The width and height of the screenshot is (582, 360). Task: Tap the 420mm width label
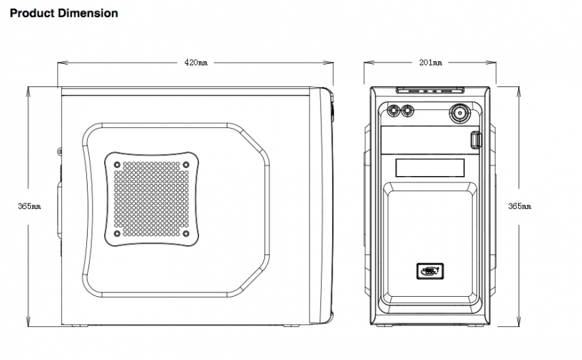195,63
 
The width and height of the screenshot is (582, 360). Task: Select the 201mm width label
430,63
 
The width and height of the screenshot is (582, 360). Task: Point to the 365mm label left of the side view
29,206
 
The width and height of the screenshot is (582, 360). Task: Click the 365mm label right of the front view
519,206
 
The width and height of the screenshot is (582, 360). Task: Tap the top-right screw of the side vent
186,165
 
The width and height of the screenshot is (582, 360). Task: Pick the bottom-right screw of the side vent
186,233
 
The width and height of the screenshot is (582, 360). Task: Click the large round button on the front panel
460,112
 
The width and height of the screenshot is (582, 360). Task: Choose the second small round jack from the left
408,111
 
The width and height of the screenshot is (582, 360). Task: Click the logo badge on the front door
429,271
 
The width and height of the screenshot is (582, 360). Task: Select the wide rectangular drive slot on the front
430,167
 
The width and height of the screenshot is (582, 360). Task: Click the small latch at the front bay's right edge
476,141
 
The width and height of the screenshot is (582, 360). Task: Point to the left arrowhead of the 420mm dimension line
60,63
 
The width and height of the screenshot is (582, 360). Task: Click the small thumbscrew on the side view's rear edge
59,151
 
